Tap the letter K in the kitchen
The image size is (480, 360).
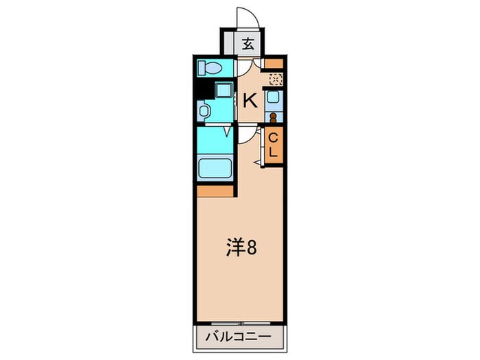coord(250,101)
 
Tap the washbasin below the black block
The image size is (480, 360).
coord(204,110)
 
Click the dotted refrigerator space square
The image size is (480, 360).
coord(274,80)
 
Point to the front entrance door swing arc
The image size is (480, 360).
coord(245,17)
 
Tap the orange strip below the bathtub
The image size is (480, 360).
coord(214,191)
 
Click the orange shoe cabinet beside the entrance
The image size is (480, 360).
coord(274,65)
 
